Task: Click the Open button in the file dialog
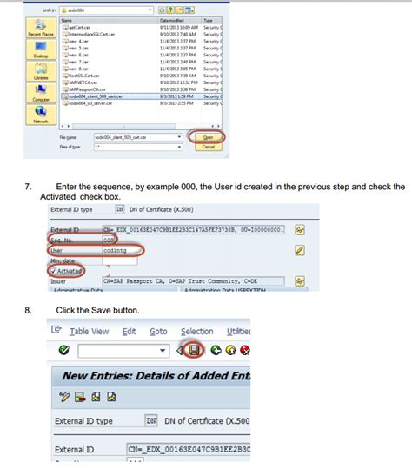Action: [x=207, y=136]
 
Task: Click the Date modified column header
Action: [x=171, y=19]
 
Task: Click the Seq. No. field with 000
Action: [x=110, y=240]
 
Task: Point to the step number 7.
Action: [x=28, y=187]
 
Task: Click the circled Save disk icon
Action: [x=194, y=351]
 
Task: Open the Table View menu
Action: [x=89, y=331]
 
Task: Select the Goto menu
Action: [x=157, y=331]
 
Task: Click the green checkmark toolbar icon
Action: [x=63, y=351]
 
